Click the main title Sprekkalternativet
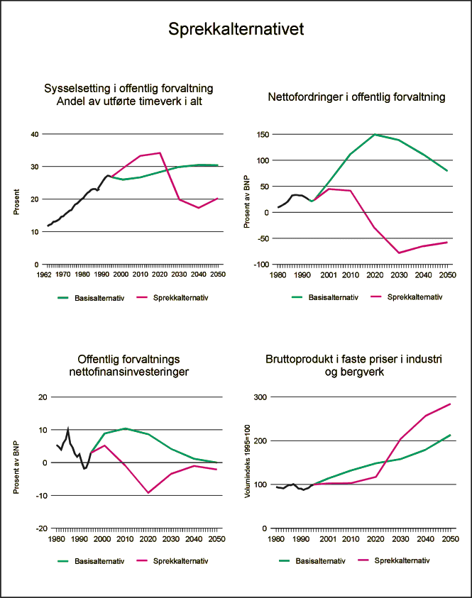[236, 30]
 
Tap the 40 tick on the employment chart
[33, 134]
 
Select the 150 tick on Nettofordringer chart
[262, 134]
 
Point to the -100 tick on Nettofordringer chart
[260, 265]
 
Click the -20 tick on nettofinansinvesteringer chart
[40, 528]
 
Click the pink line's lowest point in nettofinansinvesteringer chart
[148, 492]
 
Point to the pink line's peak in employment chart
[161, 153]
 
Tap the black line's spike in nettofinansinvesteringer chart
[68, 428]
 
